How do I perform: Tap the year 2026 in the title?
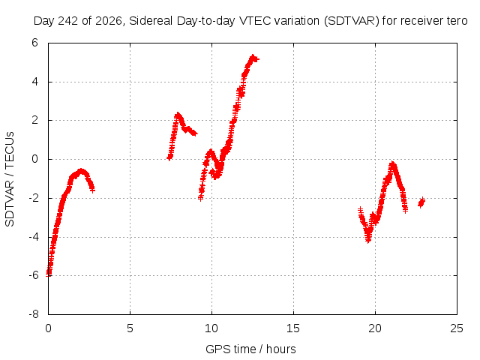click(x=109, y=21)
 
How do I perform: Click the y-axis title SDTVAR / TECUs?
click(x=10, y=179)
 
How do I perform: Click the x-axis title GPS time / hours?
click(x=250, y=349)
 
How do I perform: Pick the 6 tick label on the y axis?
click(x=34, y=43)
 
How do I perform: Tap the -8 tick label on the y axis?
click(x=34, y=314)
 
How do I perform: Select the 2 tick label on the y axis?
click(x=34, y=120)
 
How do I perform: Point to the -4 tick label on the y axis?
click(x=34, y=237)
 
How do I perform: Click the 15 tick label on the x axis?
click(x=293, y=328)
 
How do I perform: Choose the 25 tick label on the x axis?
click(x=457, y=328)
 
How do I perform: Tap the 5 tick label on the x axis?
click(x=130, y=328)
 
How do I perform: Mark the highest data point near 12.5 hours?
click(x=253, y=57)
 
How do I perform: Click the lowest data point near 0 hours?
click(x=48, y=274)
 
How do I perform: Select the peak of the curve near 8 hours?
click(x=178, y=115)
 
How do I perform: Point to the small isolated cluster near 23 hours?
click(x=421, y=202)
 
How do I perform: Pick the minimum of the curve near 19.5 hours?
click(x=368, y=240)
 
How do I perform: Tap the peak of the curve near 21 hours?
click(x=392, y=163)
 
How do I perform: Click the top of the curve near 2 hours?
click(x=81, y=170)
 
